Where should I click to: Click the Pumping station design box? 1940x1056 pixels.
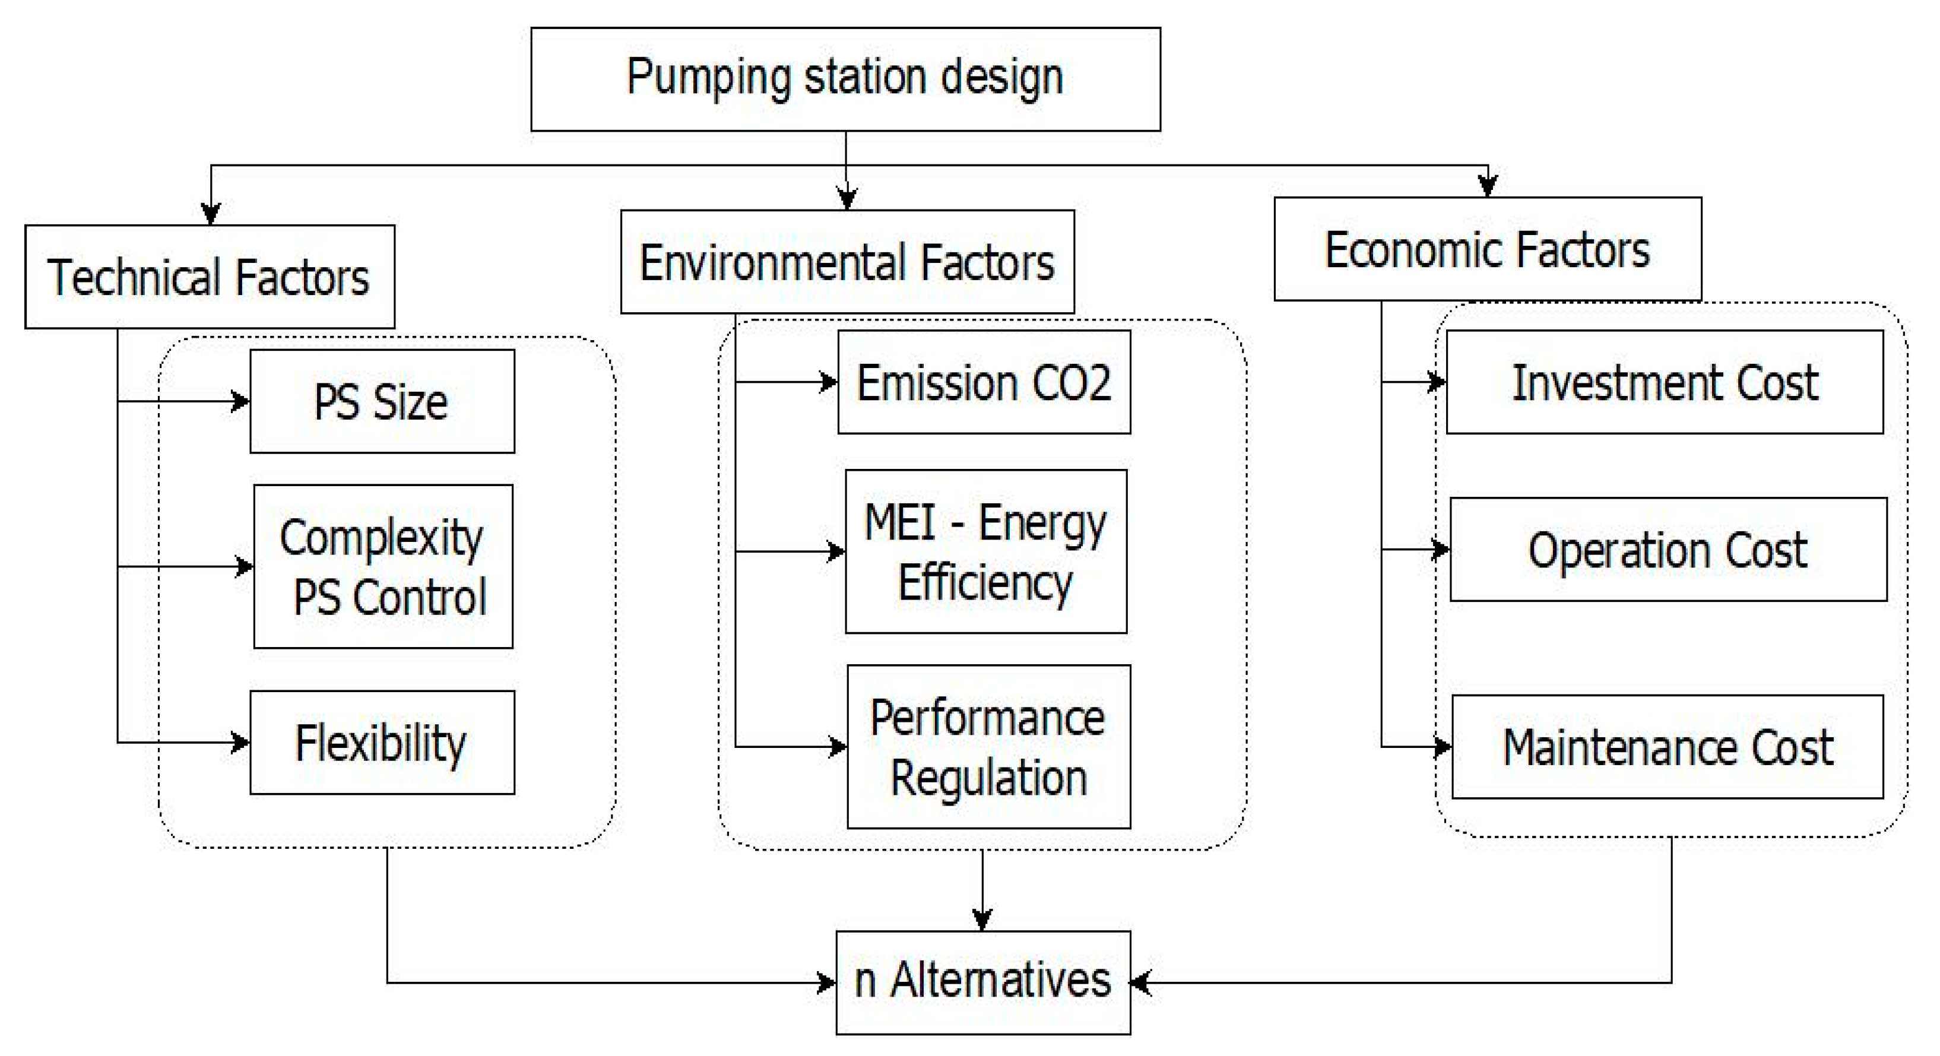pyautogui.click(x=845, y=79)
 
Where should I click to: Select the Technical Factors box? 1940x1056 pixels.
pyautogui.click(x=210, y=277)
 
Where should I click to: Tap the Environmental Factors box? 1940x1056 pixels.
pyautogui.click(x=847, y=261)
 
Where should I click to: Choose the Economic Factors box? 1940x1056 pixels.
pyautogui.click(x=1488, y=249)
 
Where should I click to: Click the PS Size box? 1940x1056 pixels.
pyautogui.click(x=382, y=401)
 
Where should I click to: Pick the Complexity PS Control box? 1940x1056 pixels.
pyautogui.click(x=382, y=566)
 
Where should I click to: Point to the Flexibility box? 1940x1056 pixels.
pyautogui.click(x=382, y=743)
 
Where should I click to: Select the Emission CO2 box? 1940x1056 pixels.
pyautogui.click(x=984, y=382)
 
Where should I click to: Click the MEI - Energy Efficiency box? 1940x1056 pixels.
pyautogui.click(x=986, y=551)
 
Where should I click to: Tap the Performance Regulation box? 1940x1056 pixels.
pyautogui.click(x=988, y=746)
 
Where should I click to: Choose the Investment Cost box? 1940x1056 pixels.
pyautogui.click(x=1665, y=382)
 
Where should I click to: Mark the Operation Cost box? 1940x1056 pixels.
pyautogui.click(x=1668, y=549)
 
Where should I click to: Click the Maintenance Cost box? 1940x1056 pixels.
pyautogui.click(x=1668, y=746)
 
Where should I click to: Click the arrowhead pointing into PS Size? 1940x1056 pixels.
pyautogui.click(x=241, y=401)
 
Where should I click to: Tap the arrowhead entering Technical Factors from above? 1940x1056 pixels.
pyautogui.click(x=211, y=214)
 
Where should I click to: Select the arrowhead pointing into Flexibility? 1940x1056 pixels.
pyautogui.click(x=241, y=743)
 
